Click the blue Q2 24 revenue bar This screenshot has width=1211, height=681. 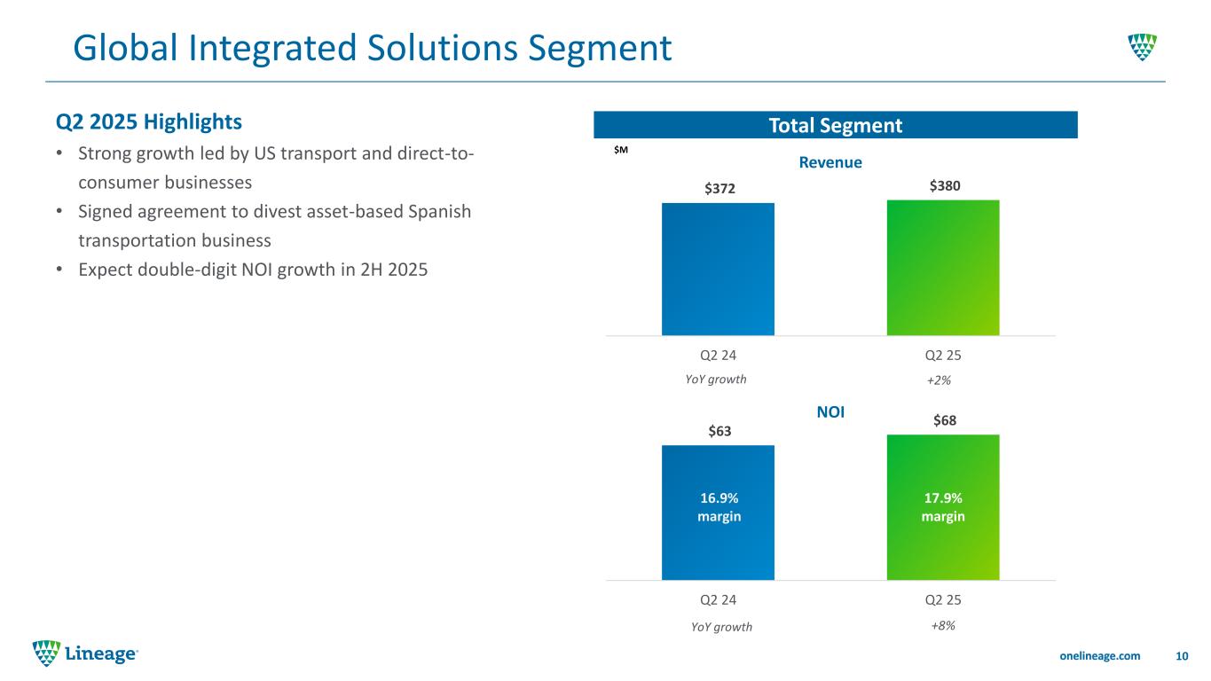click(x=718, y=269)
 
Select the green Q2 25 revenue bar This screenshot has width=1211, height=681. click(x=943, y=267)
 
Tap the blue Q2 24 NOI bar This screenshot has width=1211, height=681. click(x=718, y=550)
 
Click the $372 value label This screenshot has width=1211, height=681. click(x=718, y=189)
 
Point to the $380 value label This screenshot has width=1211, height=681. click(x=944, y=185)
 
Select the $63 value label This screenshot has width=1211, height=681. click(x=718, y=431)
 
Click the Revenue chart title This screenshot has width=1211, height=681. click(x=830, y=162)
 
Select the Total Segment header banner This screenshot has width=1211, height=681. click(x=835, y=125)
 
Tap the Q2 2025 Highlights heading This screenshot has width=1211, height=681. click(x=148, y=119)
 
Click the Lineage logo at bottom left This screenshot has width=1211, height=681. click(x=85, y=654)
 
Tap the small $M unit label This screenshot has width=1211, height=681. click(x=620, y=151)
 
